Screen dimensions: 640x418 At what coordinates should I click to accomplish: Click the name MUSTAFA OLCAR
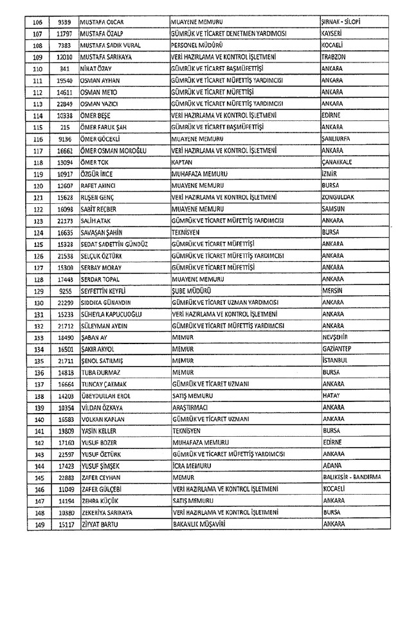tap(102, 22)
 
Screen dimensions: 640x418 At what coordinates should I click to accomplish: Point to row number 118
tap(37, 163)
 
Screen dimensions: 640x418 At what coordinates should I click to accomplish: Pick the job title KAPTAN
tap(183, 163)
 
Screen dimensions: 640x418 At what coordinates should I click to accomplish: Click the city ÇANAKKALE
tap(337, 163)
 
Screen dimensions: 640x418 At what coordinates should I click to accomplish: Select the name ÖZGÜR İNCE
tap(97, 174)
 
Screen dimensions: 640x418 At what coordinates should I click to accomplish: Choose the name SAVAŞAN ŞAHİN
tap(102, 233)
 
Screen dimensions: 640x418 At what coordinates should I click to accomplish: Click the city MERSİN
tap(331, 291)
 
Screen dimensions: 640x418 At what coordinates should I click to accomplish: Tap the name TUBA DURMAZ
tap(100, 372)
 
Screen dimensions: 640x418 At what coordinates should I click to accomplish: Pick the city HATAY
tap(330, 396)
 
